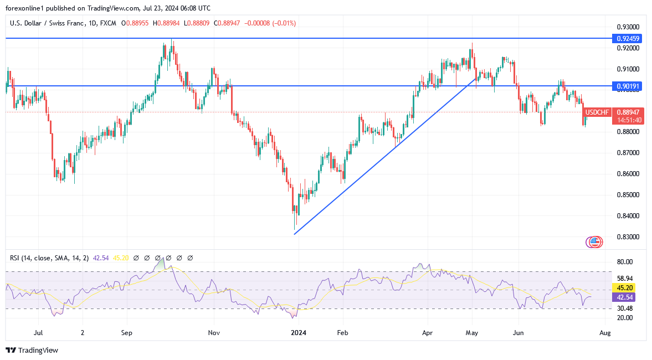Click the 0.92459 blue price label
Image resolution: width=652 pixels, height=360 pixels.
click(x=627, y=38)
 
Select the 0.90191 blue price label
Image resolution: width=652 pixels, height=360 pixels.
click(x=627, y=86)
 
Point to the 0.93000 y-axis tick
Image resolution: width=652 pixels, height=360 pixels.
click(x=628, y=27)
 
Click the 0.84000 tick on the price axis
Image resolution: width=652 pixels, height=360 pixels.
click(x=628, y=216)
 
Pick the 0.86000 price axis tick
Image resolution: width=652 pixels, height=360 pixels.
click(x=628, y=174)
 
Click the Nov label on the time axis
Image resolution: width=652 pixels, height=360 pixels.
click(x=214, y=333)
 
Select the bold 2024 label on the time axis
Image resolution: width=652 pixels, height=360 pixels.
click(x=299, y=333)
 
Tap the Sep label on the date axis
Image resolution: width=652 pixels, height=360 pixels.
click(x=127, y=333)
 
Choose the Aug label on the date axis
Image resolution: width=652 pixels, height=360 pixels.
click(x=605, y=333)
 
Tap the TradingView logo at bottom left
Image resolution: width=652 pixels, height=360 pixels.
click(x=32, y=350)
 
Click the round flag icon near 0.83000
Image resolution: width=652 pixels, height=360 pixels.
click(x=594, y=241)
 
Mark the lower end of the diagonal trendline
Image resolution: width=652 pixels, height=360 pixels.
click(x=294, y=234)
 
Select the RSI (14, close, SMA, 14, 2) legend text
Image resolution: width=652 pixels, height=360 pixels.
click(x=49, y=258)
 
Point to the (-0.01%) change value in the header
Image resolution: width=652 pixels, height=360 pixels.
click(x=284, y=23)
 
